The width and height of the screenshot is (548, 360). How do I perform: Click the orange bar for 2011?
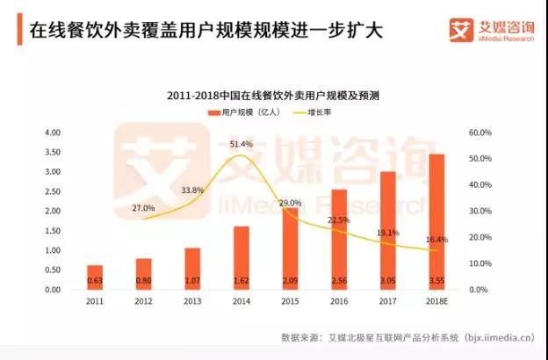coord(95,277)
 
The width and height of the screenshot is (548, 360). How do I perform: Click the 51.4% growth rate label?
coord(242,143)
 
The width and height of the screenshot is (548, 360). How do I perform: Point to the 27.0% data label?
coord(143,208)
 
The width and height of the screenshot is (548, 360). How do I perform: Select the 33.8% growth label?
coord(192,190)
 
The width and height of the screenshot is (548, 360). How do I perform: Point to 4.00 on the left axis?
coord(52,133)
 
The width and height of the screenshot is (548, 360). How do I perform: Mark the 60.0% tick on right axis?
coord(479,133)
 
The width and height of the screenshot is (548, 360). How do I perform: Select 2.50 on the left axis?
coord(52,191)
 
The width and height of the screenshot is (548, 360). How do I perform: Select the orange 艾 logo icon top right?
coord(462,30)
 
